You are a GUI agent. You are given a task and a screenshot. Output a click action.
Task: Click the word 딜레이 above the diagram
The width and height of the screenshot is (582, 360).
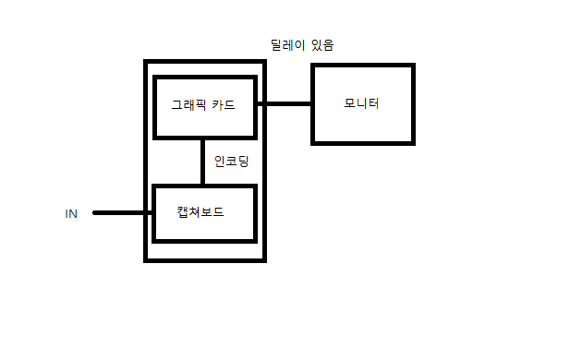pos(286,44)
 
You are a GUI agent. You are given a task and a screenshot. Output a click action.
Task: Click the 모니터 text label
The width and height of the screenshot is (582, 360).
pos(361,102)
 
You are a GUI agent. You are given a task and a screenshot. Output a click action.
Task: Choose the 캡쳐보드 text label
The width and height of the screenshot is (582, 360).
pos(200,212)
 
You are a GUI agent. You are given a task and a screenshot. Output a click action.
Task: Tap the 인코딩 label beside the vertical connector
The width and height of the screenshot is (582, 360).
pos(231,161)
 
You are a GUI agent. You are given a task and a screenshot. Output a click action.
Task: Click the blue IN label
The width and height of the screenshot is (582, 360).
pos(71,213)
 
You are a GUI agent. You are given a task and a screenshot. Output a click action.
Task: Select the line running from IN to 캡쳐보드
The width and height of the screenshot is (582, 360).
pos(123,212)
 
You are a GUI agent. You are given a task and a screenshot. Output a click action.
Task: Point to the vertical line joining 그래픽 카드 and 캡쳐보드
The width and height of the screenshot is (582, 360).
pos(203,161)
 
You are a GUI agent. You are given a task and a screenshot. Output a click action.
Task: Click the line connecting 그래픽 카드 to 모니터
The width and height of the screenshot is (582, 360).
pos(285,103)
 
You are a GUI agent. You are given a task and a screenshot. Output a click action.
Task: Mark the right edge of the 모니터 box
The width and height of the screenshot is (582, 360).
pos(413,103)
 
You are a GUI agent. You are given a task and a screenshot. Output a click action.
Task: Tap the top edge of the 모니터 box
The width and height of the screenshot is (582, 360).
pos(363,66)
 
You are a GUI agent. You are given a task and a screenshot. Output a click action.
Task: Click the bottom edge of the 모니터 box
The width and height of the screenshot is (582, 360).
pos(363,142)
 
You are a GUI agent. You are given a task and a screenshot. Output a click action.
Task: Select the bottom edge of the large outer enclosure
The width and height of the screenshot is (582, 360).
pos(205,259)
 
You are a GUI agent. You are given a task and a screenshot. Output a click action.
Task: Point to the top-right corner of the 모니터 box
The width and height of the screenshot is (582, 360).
pos(413,66)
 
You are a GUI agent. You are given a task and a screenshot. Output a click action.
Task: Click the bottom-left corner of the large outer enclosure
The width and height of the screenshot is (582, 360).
pos(146,259)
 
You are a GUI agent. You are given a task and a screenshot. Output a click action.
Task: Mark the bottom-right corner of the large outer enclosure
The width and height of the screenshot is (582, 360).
pos(264,259)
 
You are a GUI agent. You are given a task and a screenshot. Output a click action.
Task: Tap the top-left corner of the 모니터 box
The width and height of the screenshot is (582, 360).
pos(313,66)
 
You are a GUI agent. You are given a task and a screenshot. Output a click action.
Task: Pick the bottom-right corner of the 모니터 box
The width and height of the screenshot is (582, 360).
pos(413,142)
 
